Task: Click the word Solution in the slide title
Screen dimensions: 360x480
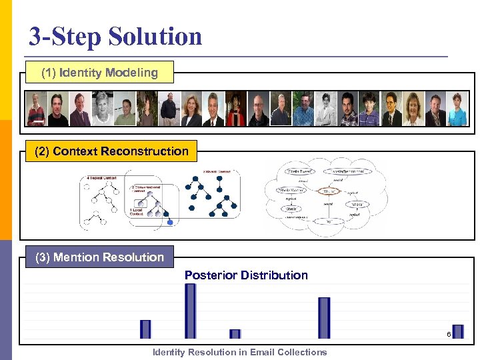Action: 154,36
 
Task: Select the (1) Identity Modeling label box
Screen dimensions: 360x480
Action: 99,73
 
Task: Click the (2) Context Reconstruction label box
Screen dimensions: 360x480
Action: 111,151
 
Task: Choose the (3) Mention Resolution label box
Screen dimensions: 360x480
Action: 99,257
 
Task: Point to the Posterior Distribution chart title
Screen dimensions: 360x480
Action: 246,275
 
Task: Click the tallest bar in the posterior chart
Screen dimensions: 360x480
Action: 191,311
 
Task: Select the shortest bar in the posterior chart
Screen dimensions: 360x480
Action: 235,334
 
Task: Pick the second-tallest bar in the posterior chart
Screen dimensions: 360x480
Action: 324,317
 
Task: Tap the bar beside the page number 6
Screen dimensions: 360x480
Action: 457,331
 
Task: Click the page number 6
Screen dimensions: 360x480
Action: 449,334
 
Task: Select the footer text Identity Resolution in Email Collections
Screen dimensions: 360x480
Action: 240,352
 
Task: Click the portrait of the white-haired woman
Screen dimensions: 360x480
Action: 102,109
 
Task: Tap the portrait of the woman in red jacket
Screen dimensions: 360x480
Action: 235,109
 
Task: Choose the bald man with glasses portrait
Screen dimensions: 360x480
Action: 258,109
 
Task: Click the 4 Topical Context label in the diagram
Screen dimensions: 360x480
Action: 101,178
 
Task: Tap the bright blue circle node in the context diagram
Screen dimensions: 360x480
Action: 170,223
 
